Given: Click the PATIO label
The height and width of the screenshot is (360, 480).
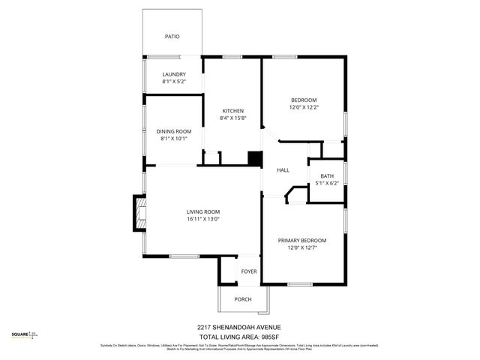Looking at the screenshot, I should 172,36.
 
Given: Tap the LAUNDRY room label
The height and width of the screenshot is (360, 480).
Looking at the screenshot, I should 174,74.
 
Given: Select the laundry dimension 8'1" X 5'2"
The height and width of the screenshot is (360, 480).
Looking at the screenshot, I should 174,82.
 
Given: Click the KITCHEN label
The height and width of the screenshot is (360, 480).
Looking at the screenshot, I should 232,111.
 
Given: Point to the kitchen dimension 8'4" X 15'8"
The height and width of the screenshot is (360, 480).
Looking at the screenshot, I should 232,118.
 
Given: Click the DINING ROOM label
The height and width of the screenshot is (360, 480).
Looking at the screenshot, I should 174,131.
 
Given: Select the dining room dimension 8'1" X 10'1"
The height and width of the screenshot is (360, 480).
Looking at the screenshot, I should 174,139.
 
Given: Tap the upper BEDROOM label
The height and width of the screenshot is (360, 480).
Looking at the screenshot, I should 304,100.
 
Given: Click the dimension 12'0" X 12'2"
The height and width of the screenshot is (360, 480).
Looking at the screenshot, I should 304,107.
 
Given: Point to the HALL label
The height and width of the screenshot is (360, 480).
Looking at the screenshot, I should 283,170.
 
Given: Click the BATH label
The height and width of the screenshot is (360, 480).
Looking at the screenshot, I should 327,175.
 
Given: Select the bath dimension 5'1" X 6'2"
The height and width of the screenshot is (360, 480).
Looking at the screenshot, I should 327,183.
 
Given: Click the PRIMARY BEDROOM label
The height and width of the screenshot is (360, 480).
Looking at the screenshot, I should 302,241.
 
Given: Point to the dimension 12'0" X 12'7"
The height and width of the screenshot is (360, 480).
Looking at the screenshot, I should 302,248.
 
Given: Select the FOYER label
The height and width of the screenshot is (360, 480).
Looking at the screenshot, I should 248,271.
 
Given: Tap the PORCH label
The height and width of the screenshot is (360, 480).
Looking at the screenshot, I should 242,299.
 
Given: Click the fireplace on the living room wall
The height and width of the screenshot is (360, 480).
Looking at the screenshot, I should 139,212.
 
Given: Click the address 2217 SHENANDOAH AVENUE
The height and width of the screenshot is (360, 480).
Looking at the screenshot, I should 239,327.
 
